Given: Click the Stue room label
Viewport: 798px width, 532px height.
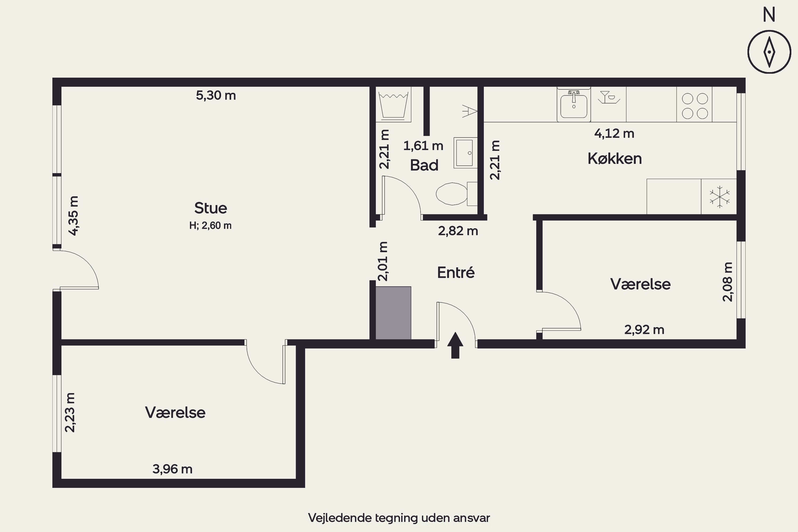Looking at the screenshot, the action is tap(210, 208).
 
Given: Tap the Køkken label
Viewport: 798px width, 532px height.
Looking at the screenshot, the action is tap(614, 159).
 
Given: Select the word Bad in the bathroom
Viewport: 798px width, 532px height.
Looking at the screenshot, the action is tap(424, 165).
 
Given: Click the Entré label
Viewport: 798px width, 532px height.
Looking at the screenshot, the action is tap(456, 272).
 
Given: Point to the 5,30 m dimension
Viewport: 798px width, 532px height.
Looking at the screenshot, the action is tap(216, 95).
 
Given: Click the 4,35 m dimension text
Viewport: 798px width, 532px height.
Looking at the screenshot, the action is tap(73, 216).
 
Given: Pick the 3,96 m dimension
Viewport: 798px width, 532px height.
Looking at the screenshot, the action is tap(172, 469).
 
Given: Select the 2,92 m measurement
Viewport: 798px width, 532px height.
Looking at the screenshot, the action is tap(644, 330).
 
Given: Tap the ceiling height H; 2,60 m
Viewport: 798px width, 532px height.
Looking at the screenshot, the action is tap(210, 225).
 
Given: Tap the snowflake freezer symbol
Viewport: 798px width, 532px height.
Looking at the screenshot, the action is tap(719, 197).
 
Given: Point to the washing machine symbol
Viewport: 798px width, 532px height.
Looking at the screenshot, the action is tap(393, 105).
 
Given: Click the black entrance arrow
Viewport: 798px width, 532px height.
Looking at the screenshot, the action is tap(455, 345).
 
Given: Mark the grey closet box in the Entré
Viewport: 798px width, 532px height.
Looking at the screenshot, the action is tap(393, 313).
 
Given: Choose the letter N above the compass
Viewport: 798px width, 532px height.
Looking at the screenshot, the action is tap(769, 15).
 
